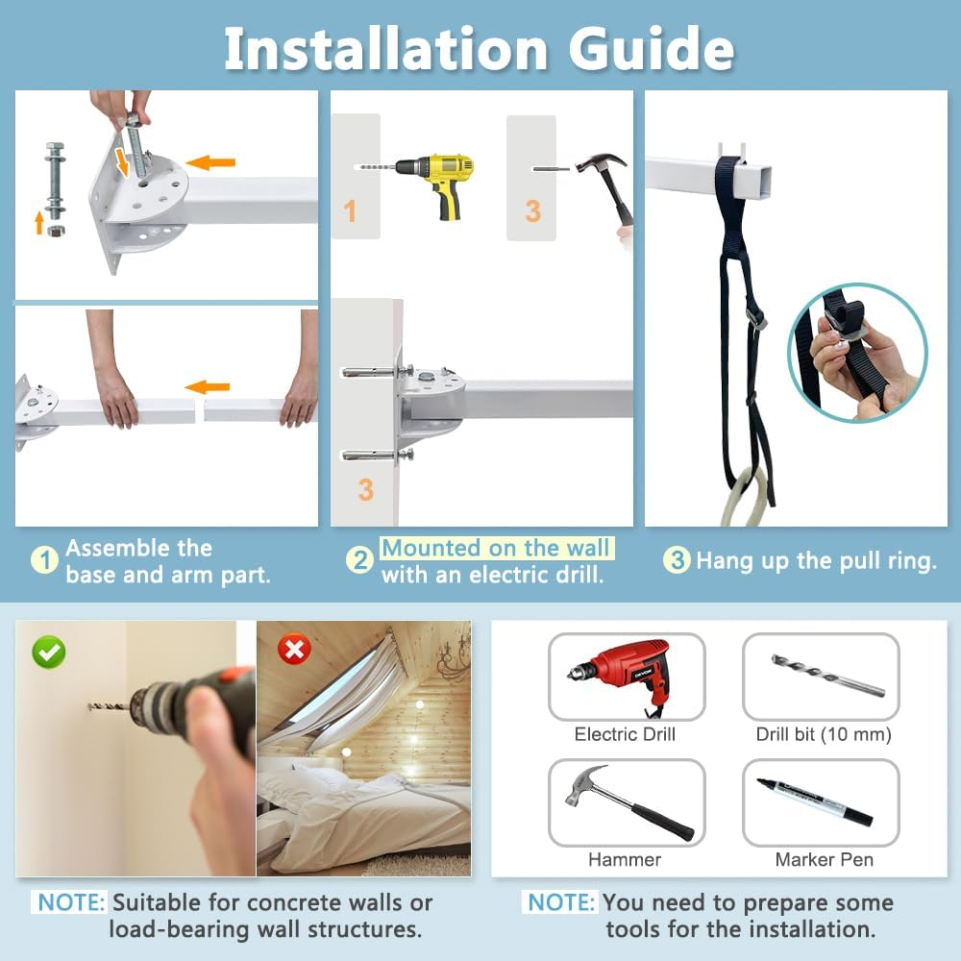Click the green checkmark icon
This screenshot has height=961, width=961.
click(x=48, y=652)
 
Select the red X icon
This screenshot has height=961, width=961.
click(x=293, y=651)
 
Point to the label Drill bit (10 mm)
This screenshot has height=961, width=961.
click(x=824, y=735)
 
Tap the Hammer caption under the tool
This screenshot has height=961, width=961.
click(x=625, y=859)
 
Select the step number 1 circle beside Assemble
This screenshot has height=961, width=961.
click(x=44, y=560)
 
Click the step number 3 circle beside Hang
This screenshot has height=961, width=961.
click(x=677, y=560)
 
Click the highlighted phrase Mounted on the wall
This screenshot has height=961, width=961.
click(x=496, y=549)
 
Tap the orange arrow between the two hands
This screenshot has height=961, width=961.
click(x=207, y=387)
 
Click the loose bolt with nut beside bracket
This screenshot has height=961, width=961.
click(x=54, y=183)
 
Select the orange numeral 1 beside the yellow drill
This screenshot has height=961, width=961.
click(x=350, y=210)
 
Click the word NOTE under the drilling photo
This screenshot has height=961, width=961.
click(x=70, y=903)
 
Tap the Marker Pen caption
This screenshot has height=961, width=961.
click(x=824, y=859)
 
